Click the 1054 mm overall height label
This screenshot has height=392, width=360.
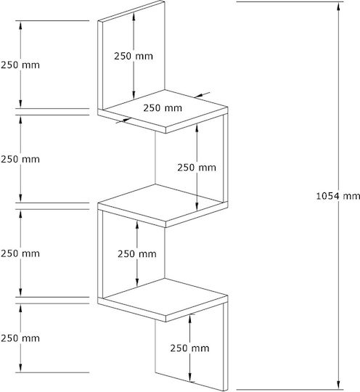pyautogui.click(x=338, y=196)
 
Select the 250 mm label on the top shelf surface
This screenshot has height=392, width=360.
pyautogui.click(x=163, y=107)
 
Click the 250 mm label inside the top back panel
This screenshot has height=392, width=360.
pyautogui.click(x=134, y=56)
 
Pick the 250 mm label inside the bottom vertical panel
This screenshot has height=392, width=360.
pyautogui.click(x=189, y=348)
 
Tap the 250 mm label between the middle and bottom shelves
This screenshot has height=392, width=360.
pyautogui.click(x=137, y=254)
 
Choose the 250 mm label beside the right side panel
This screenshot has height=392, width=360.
pyautogui.click(x=197, y=167)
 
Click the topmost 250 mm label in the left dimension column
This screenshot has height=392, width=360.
pyautogui.click(x=20, y=65)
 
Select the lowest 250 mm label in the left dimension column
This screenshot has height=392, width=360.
pyautogui.click(x=20, y=338)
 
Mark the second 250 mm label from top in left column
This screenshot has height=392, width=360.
pyautogui.click(x=20, y=159)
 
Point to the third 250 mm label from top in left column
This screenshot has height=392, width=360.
pyautogui.click(x=20, y=253)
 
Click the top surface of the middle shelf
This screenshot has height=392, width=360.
pyautogui.click(x=163, y=203)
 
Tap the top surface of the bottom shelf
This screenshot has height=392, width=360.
pyautogui.click(x=165, y=296)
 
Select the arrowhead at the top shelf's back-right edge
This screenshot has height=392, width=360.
pyautogui.click(x=200, y=95)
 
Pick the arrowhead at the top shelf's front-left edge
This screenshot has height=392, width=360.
pyautogui.click(x=126, y=121)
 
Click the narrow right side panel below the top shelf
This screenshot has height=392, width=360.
pyautogui.click(x=225, y=158)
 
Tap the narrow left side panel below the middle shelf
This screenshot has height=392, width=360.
pyautogui.click(x=100, y=254)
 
